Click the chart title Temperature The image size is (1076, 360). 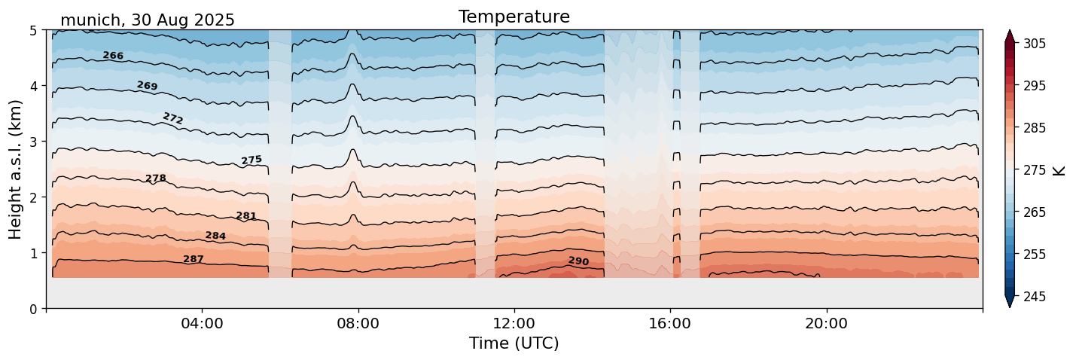(514, 17)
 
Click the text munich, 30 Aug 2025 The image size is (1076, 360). (148, 20)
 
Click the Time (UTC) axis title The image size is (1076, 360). (514, 343)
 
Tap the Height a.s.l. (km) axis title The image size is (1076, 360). (16, 169)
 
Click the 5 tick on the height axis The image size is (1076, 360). (34, 31)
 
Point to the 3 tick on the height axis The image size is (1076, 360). (34, 142)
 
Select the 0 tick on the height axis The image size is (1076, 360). (34, 309)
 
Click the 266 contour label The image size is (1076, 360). (113, 56)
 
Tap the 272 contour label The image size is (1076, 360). (173, 118)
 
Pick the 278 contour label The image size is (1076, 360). (156, 178)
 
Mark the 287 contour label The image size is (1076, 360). (194, 259)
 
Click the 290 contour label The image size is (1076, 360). (578, 261)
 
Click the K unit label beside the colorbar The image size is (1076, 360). (1059, 170)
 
